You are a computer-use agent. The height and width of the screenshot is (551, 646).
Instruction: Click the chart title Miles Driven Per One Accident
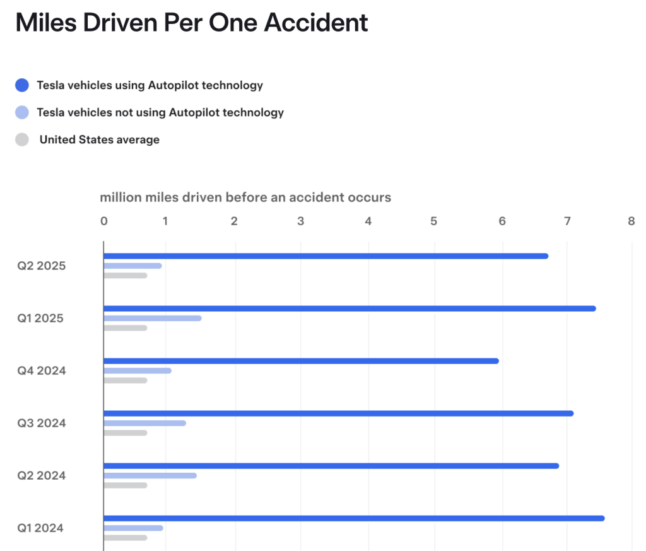(x=191, y=23)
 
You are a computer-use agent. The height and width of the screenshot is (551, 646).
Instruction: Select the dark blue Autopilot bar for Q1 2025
(x=349, y=309)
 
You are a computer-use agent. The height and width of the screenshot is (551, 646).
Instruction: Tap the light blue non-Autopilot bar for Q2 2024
(x=150, y=475)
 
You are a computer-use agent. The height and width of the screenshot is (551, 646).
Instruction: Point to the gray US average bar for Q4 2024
(x=126, y=380)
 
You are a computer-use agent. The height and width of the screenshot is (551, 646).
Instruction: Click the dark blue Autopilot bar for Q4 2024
(x=301, y=361)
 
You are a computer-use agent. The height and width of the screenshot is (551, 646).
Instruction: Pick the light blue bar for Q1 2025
(x=153, y=318)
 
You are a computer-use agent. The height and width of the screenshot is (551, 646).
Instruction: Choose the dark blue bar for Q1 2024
(x=354, y=518)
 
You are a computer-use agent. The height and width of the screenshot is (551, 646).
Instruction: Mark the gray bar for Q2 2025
(x=126, y=275)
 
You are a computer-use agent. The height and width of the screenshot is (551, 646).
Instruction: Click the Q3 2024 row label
(x=42, y=423)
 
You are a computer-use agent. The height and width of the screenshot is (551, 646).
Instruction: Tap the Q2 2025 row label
(x=42, y=266)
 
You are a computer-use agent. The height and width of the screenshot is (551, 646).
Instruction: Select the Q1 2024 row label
(x=40, y=528)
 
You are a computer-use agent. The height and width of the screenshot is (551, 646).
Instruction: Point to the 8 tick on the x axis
(x=631, y=222)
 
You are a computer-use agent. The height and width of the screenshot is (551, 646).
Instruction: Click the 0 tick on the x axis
(x=104, y=222)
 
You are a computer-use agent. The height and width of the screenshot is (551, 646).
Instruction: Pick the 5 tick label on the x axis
(x=433, y=222)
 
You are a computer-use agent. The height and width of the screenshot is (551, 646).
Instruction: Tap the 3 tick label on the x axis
(x=301, y=222)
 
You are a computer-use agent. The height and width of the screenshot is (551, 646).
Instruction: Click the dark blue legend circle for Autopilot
(x=22, y=85)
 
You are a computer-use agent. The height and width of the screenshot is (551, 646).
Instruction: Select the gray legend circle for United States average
(x=22, y=139)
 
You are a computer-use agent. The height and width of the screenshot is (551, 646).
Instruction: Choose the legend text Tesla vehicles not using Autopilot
(x=160, y=112)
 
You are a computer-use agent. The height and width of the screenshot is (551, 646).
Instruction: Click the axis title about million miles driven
(x=245, y=198)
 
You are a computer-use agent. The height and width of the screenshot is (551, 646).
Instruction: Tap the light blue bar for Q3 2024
(x=144, y=423)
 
